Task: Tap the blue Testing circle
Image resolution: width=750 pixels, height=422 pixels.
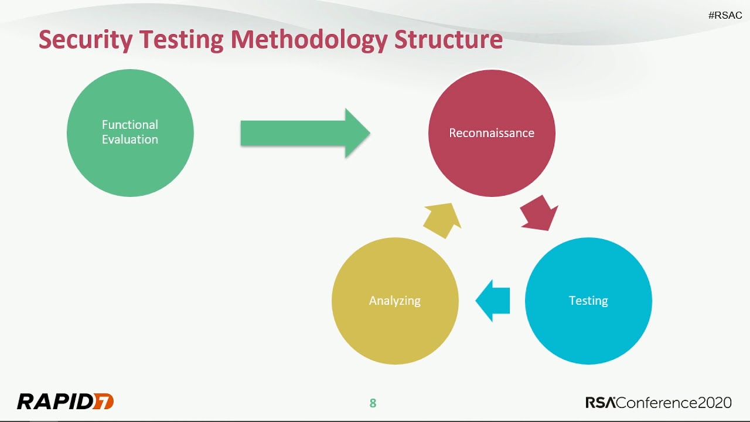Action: point(588,328)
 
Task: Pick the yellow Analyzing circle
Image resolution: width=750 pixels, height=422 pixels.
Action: point(395,328)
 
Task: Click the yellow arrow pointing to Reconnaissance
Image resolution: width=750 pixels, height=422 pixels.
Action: point(442,220)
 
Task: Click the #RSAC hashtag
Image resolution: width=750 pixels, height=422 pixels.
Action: point(725,16)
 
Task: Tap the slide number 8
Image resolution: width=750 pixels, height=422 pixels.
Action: point(373,403)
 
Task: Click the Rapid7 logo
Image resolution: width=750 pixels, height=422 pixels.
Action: point(65,401)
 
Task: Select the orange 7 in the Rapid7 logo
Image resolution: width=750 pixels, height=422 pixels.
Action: point(105,401)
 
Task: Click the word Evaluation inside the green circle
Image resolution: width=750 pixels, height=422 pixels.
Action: point(130,139)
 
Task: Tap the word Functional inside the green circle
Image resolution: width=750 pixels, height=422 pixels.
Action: point(130,125)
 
